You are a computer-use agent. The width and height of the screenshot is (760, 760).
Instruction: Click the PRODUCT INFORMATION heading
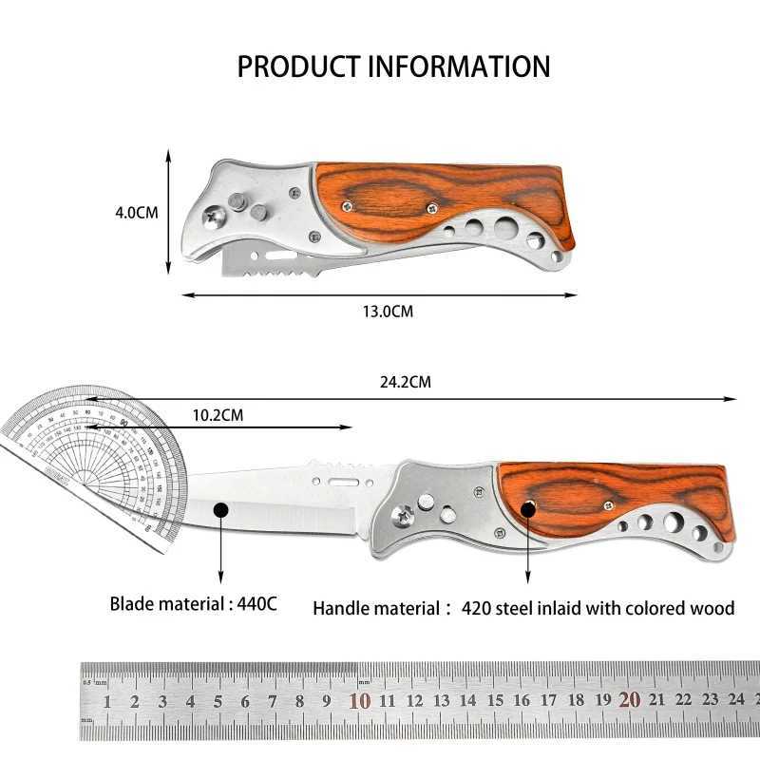[393, 66]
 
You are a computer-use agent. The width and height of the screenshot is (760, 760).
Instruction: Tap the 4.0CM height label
[137, 212]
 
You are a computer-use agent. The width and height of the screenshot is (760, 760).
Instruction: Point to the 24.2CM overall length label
[406, 383]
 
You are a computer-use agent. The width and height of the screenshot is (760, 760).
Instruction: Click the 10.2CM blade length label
[218, 414]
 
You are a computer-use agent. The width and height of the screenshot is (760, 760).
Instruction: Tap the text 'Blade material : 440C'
[193, 603]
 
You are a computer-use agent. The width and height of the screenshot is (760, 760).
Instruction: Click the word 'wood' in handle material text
[711, 608]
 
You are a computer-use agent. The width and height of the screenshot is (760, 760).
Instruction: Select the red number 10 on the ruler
[359, 702]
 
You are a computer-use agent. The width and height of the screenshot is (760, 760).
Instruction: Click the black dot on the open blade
[221, 510]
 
